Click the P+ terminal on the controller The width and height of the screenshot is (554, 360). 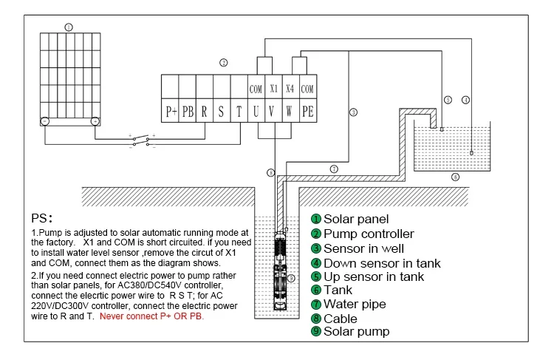171,112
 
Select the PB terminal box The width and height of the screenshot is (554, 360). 188,112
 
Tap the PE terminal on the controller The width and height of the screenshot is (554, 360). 308,112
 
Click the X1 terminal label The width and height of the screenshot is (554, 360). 273,89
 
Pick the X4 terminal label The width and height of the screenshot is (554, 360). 290,89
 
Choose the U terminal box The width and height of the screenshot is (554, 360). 256,112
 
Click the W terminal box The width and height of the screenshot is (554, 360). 290,112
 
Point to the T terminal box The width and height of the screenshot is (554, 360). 239,112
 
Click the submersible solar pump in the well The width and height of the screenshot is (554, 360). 280,271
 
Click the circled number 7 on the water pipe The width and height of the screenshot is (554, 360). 334,169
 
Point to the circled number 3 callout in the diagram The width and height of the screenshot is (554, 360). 353,112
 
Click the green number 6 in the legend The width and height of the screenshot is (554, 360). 315,290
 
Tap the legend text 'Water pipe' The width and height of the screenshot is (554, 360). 355,304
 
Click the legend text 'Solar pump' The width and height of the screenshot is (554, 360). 357,332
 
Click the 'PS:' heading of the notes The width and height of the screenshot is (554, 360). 43,219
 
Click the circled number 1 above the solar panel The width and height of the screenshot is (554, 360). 69,27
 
